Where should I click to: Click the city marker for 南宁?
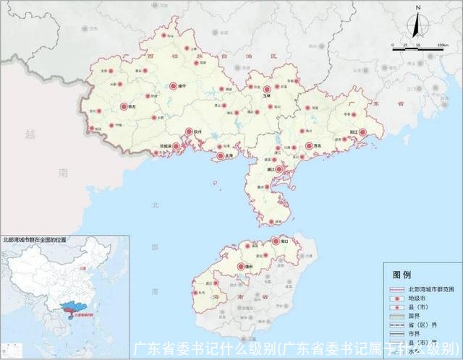coord(173,85)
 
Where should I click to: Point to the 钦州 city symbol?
coord(189,132)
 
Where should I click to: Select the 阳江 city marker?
coord(364,132)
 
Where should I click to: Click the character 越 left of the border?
coord(29,134)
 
